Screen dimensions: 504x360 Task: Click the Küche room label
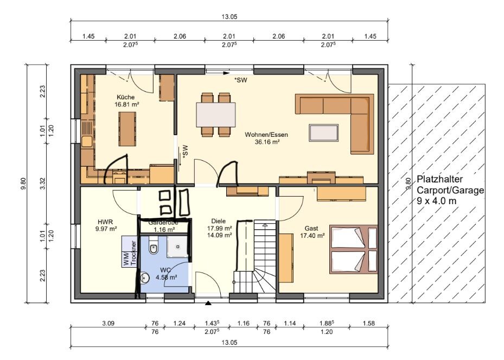coord(126,97)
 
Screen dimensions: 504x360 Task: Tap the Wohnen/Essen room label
coord(266,135)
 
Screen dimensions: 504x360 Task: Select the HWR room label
coord(105,222)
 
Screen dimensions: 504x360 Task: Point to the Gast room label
coord(311,229)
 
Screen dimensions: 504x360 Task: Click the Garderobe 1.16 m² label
coord(163,226)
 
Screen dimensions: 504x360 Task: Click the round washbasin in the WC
coord(145,277)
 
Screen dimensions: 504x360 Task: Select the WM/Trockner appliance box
coord(130,251)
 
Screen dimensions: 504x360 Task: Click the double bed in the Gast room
coord(353,249)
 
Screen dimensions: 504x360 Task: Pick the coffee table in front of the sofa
coord(324,133)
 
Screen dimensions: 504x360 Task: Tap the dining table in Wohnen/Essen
coord(216,115)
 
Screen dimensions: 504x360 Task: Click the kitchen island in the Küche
coord(127,129)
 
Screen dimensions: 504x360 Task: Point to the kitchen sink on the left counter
coord(87,142)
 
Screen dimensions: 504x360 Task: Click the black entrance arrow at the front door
coord(208,303)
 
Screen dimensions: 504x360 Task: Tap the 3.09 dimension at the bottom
coord(109,323)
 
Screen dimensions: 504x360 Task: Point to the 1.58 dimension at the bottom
coord(368,323)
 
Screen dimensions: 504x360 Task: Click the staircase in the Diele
coord(255,256)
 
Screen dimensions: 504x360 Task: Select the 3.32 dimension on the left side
coord(43,184)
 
